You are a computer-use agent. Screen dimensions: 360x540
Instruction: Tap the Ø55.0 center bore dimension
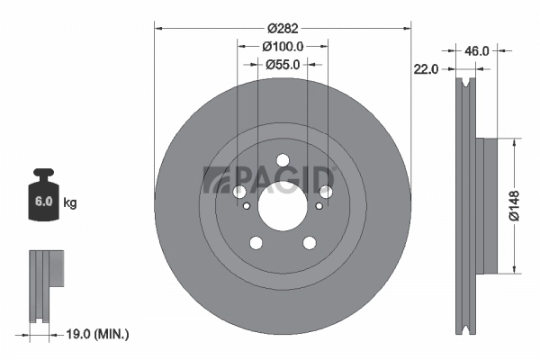click(x=283, y=64)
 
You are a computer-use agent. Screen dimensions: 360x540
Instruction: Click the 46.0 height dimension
click(x=477, y=51)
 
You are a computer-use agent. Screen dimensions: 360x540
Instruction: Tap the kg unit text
click(x=70, y=203)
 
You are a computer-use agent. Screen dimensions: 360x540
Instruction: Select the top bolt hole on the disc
click(x=282, y=166)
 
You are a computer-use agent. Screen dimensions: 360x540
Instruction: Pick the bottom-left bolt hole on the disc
click(x=256, y=242)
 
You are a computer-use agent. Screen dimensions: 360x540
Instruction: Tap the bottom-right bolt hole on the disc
click(x=309, y=242)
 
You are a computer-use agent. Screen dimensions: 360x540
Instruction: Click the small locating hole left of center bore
click(x=244, y=206)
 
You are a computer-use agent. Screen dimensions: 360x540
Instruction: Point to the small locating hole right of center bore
click(x=319, y=206)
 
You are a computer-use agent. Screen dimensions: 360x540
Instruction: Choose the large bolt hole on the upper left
click(x=239, y=192)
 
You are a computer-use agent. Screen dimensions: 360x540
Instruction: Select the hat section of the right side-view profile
click(x=486, y=206)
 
